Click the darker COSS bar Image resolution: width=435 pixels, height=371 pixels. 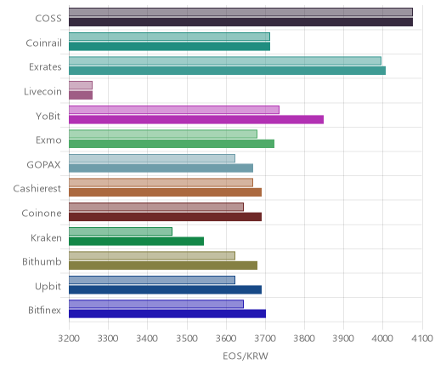[x=240, y=22]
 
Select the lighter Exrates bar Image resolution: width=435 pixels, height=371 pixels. [x=225, y=61]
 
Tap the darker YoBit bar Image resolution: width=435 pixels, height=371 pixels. [x=196, y=120]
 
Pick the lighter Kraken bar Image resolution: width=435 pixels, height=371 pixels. [x=121, y=231]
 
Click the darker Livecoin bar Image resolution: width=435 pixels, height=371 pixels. [x=81, y=95]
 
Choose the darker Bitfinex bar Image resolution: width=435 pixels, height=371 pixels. [x=167, y=314]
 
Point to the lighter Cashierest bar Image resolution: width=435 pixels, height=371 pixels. [x=161, y=183]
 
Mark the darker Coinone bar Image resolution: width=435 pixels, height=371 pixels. [x=165, y=217]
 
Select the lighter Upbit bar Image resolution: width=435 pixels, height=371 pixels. [x=152, y=280]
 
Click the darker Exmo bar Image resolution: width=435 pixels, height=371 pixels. [x=172, y=144]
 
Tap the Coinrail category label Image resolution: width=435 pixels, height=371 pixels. [x=43, y=43]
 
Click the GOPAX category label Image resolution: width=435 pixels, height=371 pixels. [x=43, y=165]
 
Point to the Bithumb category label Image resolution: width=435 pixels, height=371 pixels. [x=42, y=261]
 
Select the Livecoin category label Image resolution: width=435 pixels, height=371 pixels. [x=42, y=92]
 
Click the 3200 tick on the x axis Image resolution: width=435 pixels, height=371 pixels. [x=69, y=339]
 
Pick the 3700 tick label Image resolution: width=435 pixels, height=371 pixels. [x=265, y=339]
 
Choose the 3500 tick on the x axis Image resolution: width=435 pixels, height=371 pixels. [x=187, y=339]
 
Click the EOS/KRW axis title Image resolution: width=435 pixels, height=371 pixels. [x=246, y=356]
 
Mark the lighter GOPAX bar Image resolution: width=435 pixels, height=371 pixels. [x=152, y=158]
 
